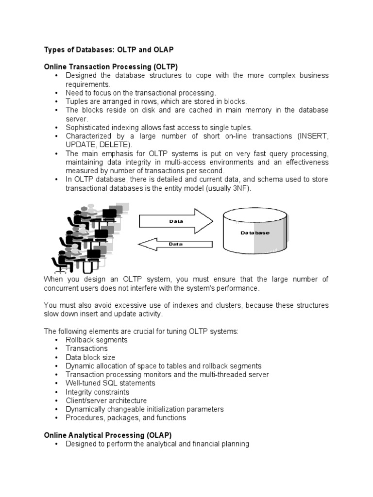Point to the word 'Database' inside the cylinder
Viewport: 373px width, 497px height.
[x=254, y=233]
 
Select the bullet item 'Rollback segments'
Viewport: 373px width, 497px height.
[x=96, y=340]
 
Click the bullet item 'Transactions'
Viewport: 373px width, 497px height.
[x=86, y=348]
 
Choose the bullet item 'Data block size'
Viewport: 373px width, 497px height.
[x=90, y=357]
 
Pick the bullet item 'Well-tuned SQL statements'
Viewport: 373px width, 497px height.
[x=110, y=383]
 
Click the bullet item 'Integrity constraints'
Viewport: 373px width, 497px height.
[x=97, y=392]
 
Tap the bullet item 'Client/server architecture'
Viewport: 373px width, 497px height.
[x=106, y=401]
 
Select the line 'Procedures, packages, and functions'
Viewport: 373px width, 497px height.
[x=126, y=418]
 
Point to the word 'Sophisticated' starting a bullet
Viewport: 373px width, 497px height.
[x=86, y=128]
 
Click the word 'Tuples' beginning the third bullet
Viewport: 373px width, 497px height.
[x=76, y=101]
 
